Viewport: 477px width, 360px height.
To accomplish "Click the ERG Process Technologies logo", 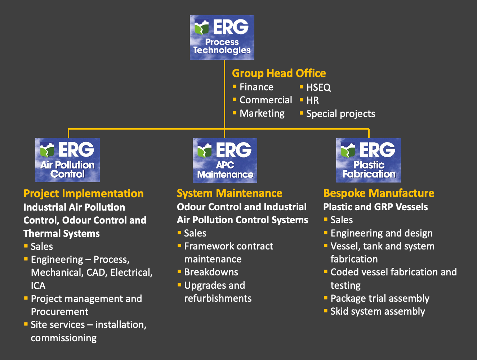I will (222, 37).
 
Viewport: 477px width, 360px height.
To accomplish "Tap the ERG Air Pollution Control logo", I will (67, 160).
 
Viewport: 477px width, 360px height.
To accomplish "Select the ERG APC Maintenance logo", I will (225, 160).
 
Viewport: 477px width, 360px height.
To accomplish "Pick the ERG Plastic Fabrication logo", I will (368, 160).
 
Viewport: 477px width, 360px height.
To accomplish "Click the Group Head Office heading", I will (279, 73).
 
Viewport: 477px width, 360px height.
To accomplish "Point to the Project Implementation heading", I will (84, 194).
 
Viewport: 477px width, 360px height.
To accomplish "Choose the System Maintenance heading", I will (229, 193).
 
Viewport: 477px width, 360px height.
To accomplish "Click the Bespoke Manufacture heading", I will (379, 193).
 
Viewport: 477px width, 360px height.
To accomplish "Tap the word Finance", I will (257, 87).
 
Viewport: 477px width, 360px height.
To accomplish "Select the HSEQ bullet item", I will (318, 87).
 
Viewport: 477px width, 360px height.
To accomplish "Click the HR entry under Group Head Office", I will (312, 100).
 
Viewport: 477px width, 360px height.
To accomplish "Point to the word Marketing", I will (262, 113).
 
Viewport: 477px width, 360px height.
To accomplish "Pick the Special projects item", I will (340, 114).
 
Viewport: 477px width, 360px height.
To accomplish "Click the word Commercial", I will (266, 100).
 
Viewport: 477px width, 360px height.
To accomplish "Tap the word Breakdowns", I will (211, 272).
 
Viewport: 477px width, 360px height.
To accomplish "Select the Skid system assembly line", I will (378, 311).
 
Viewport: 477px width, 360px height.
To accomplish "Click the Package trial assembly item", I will (380, 298).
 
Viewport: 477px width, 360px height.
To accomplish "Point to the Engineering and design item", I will (382, 233).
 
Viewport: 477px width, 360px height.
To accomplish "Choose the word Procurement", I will (60, 312).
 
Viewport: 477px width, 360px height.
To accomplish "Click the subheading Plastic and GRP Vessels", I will (375, 207).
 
